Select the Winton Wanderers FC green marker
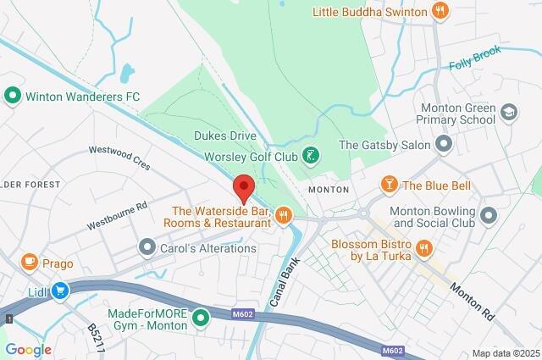pos(12,97)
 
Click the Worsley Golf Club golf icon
pos(312,156)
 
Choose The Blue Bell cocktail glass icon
pos(389,185)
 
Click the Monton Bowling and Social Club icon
pos(488,216)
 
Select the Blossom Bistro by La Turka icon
pos(424,248)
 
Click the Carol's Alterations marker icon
pos(147,248)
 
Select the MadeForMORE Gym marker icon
pos(201,318)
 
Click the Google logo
pos(28,350)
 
